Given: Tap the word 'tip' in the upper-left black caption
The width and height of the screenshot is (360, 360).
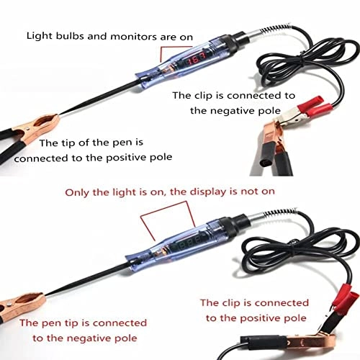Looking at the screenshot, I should pos(58,142).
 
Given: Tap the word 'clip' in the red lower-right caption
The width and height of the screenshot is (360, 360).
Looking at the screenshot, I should pos(238,302).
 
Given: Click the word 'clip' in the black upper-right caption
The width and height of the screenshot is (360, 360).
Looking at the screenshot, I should pos(211,95).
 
